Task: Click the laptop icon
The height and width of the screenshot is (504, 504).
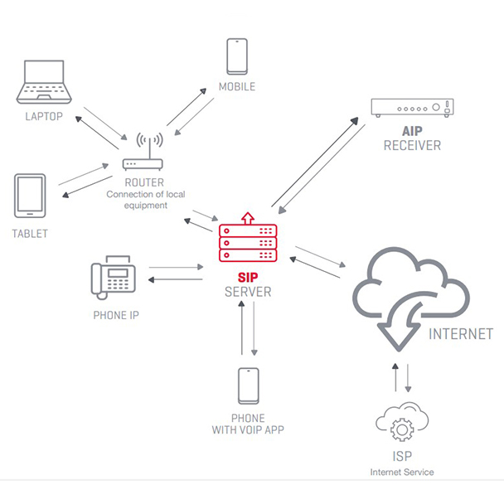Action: [44, 82]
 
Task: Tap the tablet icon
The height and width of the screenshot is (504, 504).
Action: [30, 196]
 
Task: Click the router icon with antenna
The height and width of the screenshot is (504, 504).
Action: [143, 151]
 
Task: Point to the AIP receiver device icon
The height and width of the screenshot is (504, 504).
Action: [412, 108]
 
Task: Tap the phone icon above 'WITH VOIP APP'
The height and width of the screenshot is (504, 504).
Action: [249, 385]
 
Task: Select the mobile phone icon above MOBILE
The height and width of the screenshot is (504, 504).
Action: [237, 56]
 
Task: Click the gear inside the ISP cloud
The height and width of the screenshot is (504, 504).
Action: [402, 429]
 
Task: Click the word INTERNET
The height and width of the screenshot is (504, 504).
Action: [461, 334]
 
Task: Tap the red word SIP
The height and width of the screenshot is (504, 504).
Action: [248, 277]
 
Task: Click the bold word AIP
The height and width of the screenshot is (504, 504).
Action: [412, 131]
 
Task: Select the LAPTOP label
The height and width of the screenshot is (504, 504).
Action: [44, 116]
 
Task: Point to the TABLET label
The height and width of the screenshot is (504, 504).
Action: [30, 234]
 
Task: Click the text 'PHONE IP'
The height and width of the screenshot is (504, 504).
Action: [116, 315]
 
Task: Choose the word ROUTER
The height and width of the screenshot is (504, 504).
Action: [144, 182]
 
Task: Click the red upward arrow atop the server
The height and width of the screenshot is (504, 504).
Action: [248, 218]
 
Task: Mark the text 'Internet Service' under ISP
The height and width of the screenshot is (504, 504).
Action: [402, 472]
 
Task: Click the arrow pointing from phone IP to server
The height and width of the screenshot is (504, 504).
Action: [176, 267]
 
